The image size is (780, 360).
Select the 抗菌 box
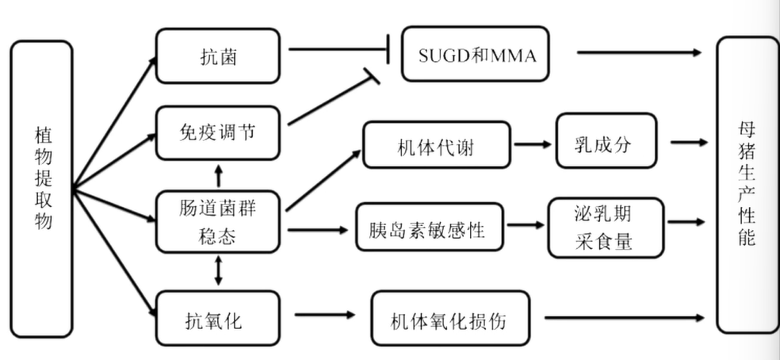tap(217, 56)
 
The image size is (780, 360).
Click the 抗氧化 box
tap(217, 318)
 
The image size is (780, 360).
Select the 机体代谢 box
tap(437, 144)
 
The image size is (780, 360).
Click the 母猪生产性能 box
tap(747, 185)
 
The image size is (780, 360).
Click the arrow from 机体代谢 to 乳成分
tap(533, 144)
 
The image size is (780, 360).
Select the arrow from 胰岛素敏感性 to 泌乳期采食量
tap(526, 227)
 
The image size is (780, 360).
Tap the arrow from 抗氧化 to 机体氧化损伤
tap(322, 316)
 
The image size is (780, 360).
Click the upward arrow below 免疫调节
tap(218, 175)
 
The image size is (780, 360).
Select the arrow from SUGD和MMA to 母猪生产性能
tap(639, 52)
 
